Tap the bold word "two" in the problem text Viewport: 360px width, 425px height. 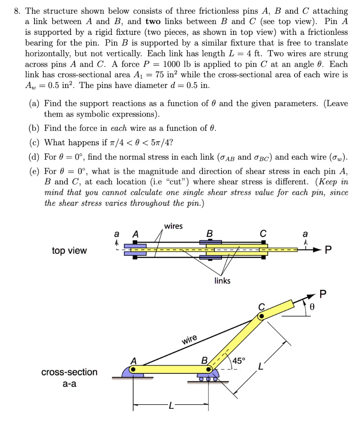click(153, 22)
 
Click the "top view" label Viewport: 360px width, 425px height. click(69, 250)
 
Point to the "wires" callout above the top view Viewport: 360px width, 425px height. click(173, 226)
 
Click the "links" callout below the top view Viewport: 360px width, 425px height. click(222, 281)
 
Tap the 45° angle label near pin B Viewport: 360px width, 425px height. click(238, 360)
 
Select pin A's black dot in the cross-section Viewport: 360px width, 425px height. click(133, 369)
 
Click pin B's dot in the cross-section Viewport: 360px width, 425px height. click(209, 369)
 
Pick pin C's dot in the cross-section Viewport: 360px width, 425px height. click(261, 316)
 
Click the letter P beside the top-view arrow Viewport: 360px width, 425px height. click(328, 250)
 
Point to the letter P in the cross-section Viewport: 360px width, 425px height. click(324, 294)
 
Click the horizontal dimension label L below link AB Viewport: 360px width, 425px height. click(170, 406)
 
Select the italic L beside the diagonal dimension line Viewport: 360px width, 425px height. click(260, 366)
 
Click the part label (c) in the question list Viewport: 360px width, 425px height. click(34, 143)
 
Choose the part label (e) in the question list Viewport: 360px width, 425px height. click(34, 171)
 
